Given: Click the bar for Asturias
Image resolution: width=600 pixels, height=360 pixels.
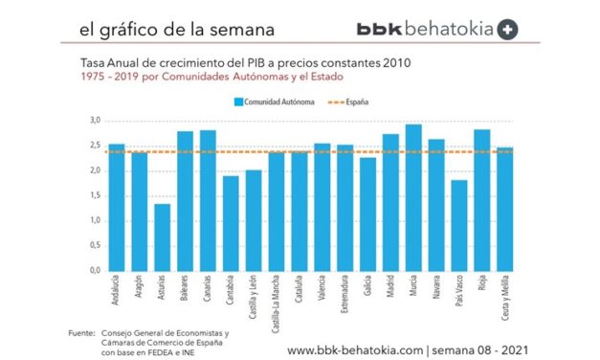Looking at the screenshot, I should pos(163,236).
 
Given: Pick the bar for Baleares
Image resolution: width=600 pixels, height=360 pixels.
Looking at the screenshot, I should pos(185,200).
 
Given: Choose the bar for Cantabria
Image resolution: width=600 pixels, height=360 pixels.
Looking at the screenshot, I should pos(231,223).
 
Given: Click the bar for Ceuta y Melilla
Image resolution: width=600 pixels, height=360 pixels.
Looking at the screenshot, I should pos(505,209).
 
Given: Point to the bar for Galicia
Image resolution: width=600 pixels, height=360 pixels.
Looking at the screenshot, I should pos(368,214).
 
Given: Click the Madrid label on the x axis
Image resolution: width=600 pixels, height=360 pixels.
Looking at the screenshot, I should pos(391,288).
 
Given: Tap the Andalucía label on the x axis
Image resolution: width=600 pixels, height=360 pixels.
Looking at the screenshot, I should pos(117,291).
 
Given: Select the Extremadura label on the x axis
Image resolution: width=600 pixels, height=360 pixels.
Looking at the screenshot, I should pos(345,296).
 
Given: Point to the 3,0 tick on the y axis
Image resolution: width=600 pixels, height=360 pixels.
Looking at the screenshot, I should pos(95,121).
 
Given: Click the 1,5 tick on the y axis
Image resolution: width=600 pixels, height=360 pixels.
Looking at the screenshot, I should pos(95,195).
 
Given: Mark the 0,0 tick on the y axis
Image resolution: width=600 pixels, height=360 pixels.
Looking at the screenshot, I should pos(95,270).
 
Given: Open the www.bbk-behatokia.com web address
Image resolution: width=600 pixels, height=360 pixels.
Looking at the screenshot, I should pos(355,349).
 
